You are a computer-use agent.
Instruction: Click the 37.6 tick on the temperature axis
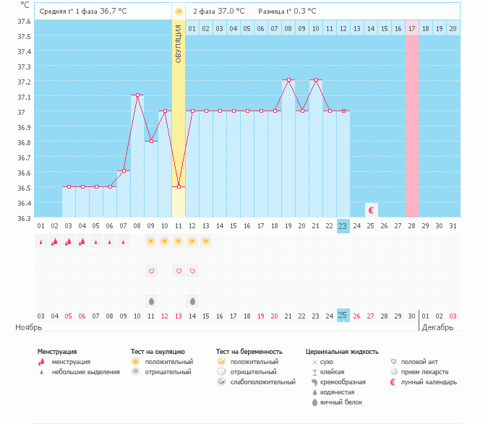24,21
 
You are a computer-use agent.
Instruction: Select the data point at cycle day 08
137,95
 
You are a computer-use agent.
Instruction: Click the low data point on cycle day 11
179,186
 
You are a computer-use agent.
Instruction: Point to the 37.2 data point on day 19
288,79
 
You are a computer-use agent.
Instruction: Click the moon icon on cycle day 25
372,210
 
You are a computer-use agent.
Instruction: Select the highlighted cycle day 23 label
343,226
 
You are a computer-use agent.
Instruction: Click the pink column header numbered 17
412,28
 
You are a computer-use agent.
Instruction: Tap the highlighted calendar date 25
343,316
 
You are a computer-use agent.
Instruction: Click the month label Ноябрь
30,327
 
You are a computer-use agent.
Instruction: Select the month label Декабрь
438,327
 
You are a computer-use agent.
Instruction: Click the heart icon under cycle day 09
151,271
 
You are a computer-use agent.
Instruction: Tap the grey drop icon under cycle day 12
192,300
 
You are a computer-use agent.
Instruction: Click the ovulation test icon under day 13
206,241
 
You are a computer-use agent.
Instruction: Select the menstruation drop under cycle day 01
41,241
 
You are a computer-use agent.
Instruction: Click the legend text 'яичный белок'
341,402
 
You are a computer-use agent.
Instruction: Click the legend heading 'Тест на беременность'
247,351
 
